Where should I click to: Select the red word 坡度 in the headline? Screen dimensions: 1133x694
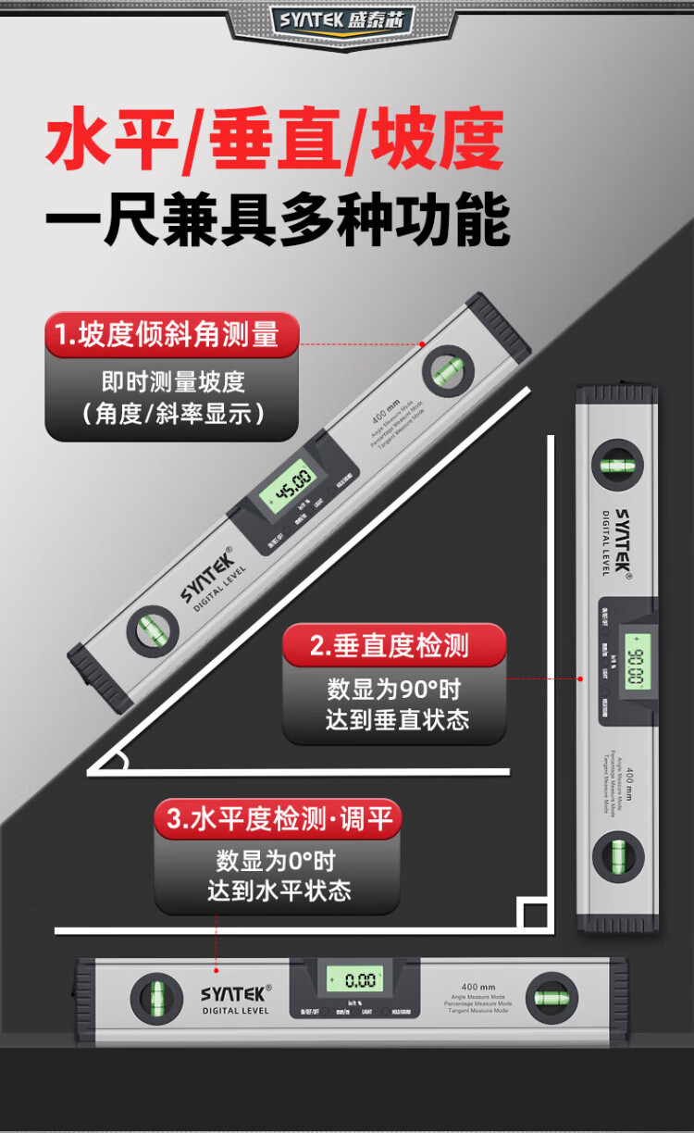(438, 142)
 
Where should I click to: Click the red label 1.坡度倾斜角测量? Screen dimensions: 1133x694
(172, 335)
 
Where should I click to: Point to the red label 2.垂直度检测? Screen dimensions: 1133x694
(394, 645)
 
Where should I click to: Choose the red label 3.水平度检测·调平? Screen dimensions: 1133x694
(278, 819)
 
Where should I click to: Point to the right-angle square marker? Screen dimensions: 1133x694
(534, 915)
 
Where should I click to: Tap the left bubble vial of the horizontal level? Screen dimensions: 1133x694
(155, 998)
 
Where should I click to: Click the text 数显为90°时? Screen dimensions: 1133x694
(394, 690)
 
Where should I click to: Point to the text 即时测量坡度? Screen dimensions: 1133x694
(172, 381)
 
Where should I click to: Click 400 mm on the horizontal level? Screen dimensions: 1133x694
(478, 987)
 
